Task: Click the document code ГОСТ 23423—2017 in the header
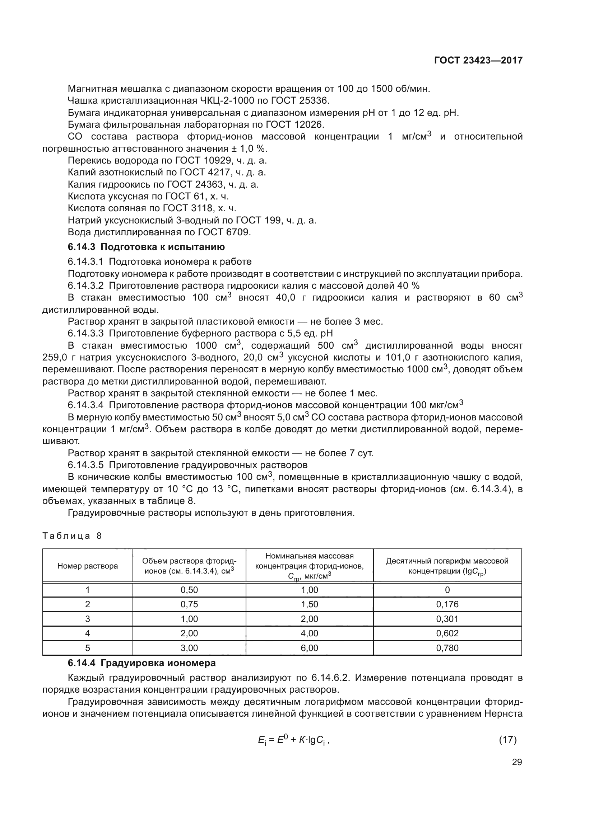click(x=478, y=60)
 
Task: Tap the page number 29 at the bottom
click(x=517, y=762)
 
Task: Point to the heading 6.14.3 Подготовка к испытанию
click(x=146, y=247)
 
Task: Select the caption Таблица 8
click(x=72, y=536)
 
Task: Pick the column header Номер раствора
click(x=87, y=566)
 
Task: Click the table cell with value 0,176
click(x=447, y=604)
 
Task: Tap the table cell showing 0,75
click(x=189, y=604)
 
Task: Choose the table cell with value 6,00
click(x=309, y=648)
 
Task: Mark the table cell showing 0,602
click(x=447, y=633)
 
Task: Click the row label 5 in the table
click(x=87, y=648)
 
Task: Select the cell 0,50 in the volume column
click(x=189, y=590)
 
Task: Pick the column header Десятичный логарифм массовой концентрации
click(x=447, y=566)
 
